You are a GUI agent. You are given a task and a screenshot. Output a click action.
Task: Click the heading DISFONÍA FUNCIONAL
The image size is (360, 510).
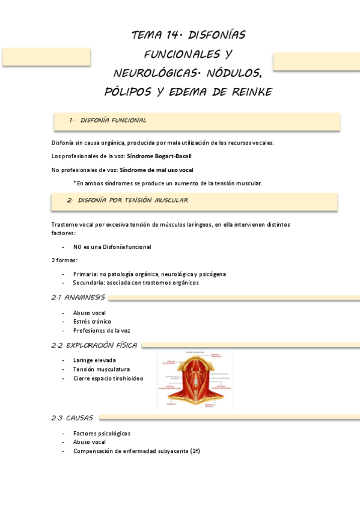(x=113, y=120)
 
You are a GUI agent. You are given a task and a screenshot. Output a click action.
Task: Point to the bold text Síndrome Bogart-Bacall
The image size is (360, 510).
(x=159, y=156)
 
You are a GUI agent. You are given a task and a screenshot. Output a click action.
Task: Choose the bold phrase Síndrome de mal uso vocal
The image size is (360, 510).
(x=156, y=170)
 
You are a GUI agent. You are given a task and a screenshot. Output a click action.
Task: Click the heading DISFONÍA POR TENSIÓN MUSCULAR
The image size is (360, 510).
(x=133, y=200)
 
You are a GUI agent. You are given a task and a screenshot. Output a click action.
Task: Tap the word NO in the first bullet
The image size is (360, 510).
(x=78, y=247)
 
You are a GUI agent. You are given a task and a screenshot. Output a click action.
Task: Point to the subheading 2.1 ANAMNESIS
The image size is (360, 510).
(x=78, y=298)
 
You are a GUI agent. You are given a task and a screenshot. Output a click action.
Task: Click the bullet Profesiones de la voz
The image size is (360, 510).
(x=102, y=330)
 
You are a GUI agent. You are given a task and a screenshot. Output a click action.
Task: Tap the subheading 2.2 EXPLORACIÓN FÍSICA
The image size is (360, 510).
(x=94, y=345)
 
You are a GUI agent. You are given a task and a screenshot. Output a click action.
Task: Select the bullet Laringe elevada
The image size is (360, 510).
(x=95, y=360)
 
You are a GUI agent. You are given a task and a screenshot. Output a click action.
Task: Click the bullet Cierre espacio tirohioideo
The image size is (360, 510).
(x=108, y=378)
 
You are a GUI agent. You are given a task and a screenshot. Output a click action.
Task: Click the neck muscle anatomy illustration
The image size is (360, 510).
(x=195, y=380)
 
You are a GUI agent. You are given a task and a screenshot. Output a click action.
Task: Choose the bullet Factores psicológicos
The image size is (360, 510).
(x=102, y=433)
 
